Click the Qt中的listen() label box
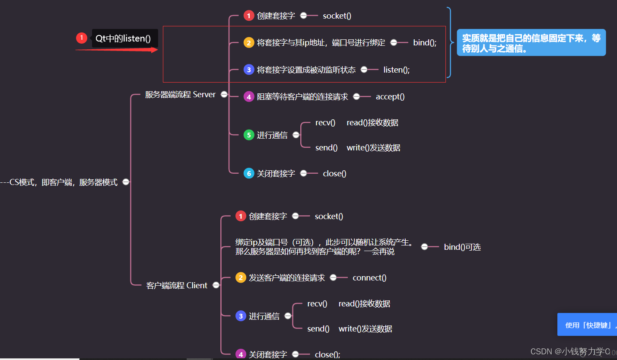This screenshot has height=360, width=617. (x=124, y=38)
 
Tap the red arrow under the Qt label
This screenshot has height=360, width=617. (x=117, y=50)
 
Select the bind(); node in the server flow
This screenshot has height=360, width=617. (x=425, y=42)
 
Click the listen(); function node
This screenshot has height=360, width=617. (x=396, y=70)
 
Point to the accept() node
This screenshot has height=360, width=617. (x=390, y=96)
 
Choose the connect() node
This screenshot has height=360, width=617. (x=369, y=277)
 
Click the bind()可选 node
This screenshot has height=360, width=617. (x=462, y=247)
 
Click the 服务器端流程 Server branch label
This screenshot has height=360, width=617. (x=180, y=94)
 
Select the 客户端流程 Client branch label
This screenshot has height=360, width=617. (x=177, y=285)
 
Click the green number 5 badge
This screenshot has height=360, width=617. (x=249, y=135)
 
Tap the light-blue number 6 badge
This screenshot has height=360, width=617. (x=249, y=173)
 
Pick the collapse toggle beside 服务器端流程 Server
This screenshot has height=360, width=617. (x=224, y=94)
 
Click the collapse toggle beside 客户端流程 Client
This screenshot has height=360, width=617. (x=216, y=285)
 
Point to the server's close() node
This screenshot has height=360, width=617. (x=334, y=173)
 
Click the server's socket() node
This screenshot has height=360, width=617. (x=337, y=16)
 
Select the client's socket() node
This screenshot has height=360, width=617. (x=329, y=216)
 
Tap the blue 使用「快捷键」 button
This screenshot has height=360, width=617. (x=587, y=325)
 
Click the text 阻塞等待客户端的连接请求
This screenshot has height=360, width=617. (x=302, y=96)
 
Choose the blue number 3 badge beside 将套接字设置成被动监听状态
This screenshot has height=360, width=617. (x=249, y=70)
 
